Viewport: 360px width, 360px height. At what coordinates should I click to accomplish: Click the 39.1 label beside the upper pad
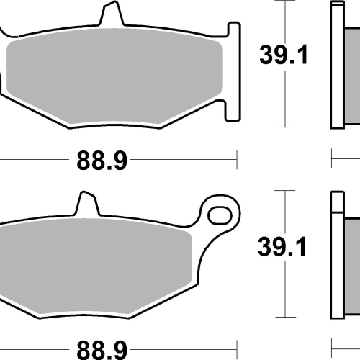click(284, 55)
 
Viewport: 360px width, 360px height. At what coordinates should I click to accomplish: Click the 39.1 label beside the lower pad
click(282, 247)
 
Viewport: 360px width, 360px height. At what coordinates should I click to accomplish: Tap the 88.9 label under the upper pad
click(102, 161)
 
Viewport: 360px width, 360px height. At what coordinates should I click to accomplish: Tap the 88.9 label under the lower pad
click(102, 351)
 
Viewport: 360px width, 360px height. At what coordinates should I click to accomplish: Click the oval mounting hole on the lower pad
click(220, 215)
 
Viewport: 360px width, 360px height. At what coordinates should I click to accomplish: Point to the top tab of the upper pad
click(112, 13)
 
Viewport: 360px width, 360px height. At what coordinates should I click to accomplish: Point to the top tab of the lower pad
click(87, 204)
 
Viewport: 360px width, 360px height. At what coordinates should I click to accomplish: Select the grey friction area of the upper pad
click(114, 76)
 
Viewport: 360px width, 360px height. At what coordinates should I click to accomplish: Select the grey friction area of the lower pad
click(96, 266)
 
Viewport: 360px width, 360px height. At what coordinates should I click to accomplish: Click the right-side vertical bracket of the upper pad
click(233, 71)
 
